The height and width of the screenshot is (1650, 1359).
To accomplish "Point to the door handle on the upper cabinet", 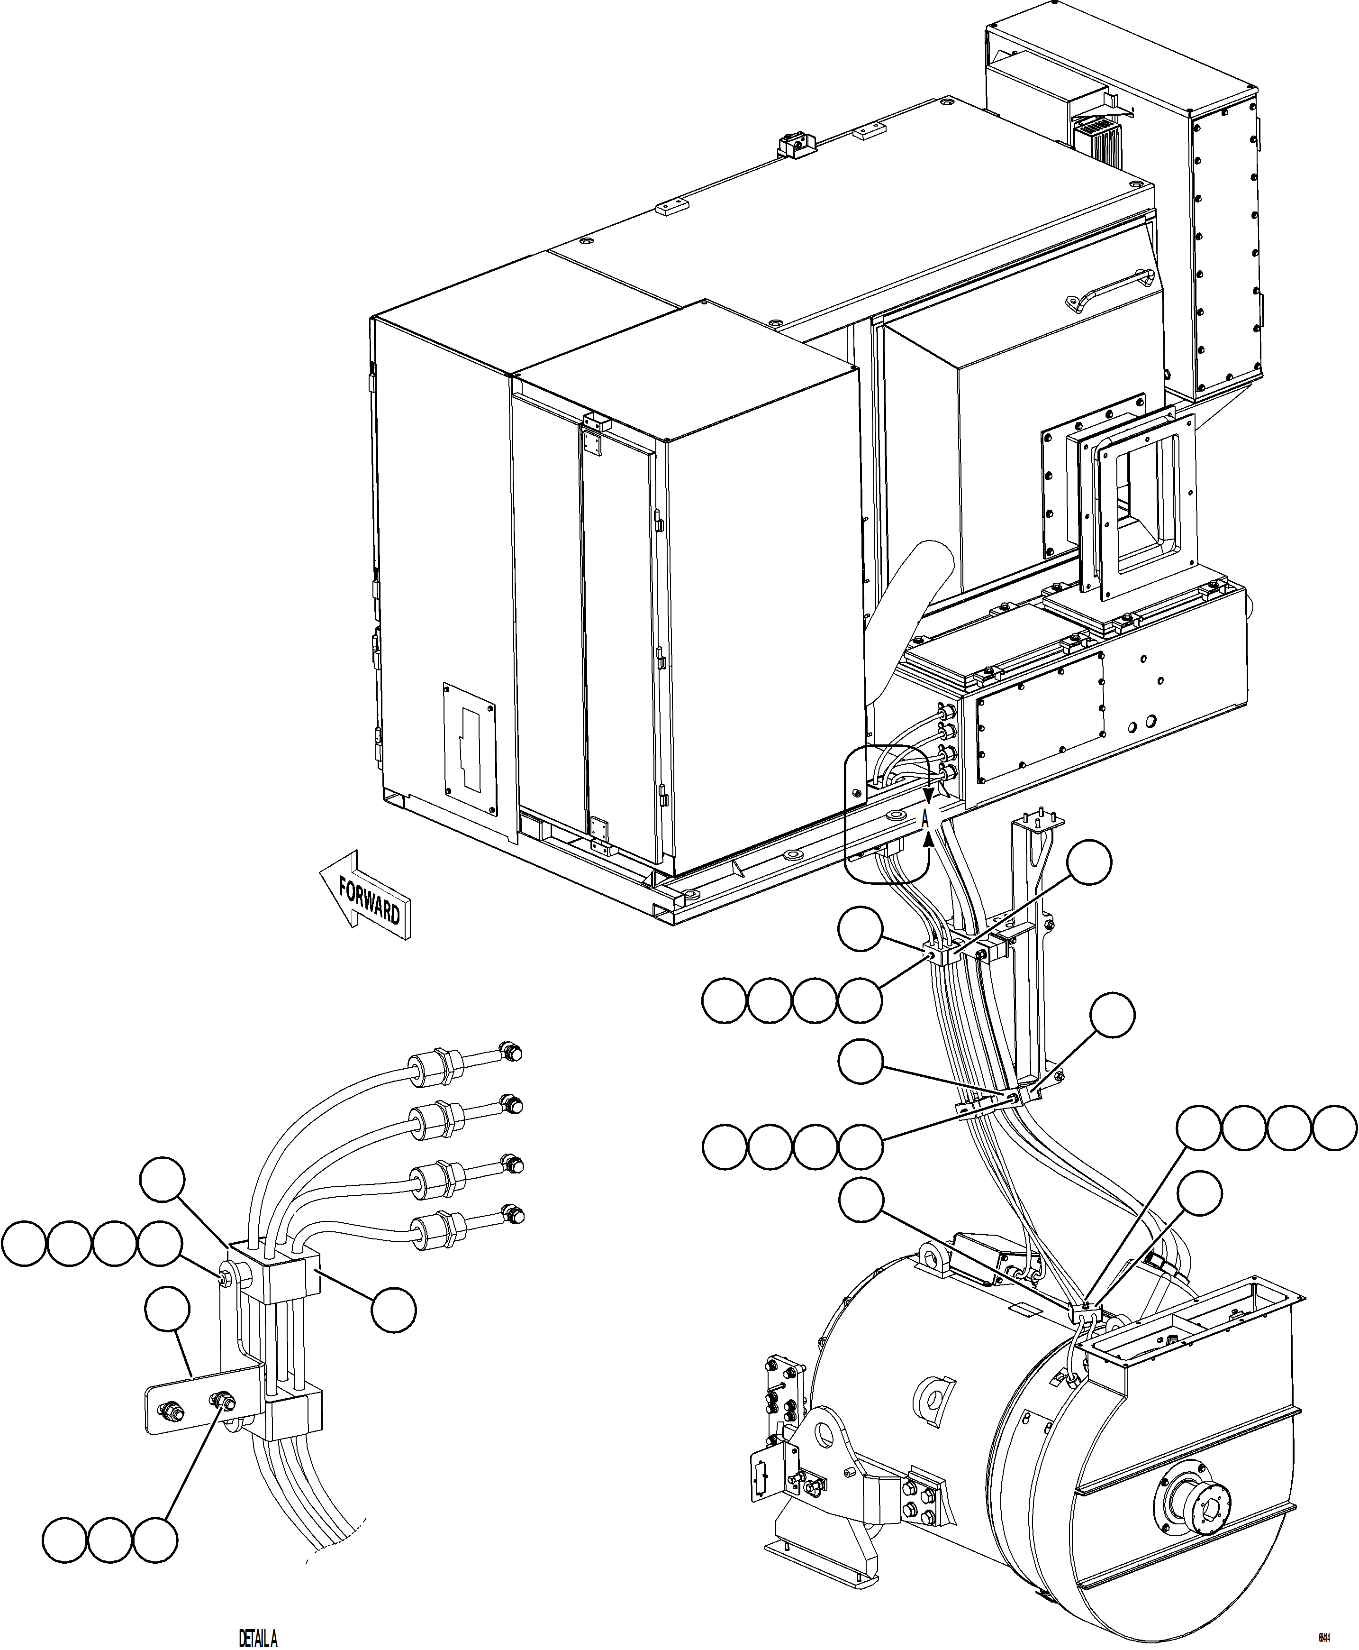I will [x=1110, y=289].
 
